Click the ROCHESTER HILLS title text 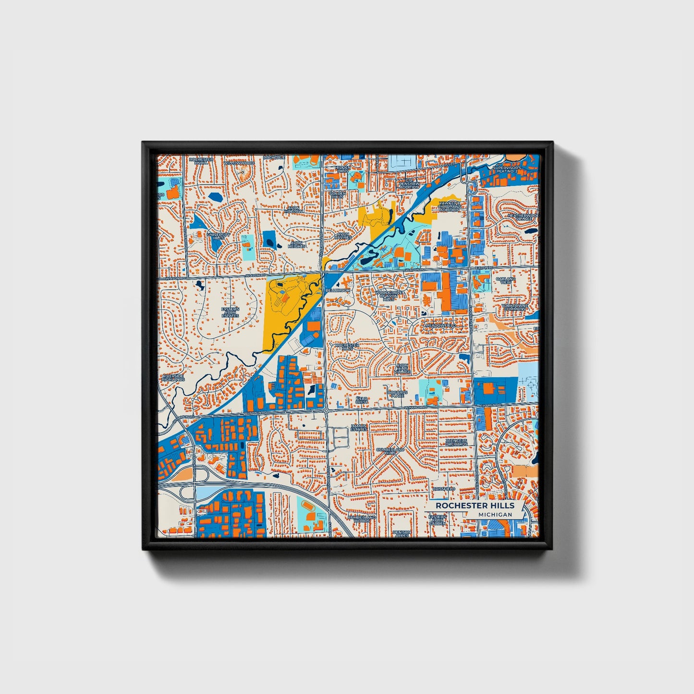point(475,506)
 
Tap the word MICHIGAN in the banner point(495,514)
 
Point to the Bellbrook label point(338,290)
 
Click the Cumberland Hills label point(390,451)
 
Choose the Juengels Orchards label point(456,442)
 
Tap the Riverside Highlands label point(173,377)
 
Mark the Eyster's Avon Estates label point(230,313)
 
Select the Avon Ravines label point(343,236)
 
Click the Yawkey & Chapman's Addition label point(450,206)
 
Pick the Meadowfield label point(440,326)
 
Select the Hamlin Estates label point(358,427)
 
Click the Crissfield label point(443,489)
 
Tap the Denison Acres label point(402,534)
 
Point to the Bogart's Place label point(398,394)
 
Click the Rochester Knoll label point(201,161)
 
